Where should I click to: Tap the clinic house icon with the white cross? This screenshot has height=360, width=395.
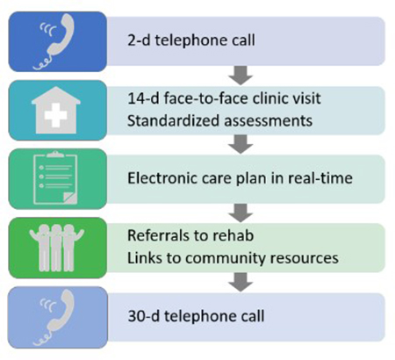(x=56, y=110)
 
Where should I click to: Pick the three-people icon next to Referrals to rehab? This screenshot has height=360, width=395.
(x=56, y=248)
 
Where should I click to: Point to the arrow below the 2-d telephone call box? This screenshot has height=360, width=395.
(x=241, y=76)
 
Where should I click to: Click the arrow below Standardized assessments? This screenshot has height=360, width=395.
(x=241, y=144)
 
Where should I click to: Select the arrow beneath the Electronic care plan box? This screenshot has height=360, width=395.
(x=241, y=212)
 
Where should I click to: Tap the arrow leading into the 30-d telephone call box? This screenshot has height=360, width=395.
(x=241, y=282)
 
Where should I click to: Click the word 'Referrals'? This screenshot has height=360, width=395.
(x=157, y=235)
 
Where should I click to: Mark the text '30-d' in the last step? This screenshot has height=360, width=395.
(x=144, y=316)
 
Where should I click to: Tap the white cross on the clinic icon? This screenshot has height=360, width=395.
(x=55, y=115)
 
